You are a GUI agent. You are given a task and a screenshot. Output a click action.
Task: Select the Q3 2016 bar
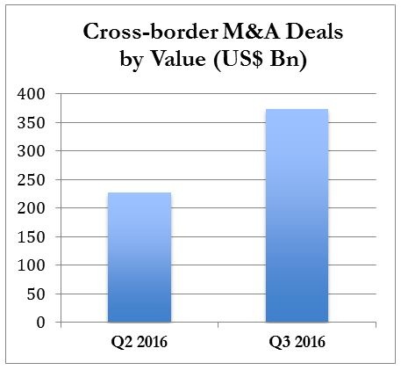pyautogui.click(x=297, y=215)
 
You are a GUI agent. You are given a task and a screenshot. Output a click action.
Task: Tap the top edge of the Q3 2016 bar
pyautogui.click(x=297, y=110)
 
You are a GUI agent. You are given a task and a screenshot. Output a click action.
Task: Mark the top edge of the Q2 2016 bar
pyautogui.click(x=140, y=193)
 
